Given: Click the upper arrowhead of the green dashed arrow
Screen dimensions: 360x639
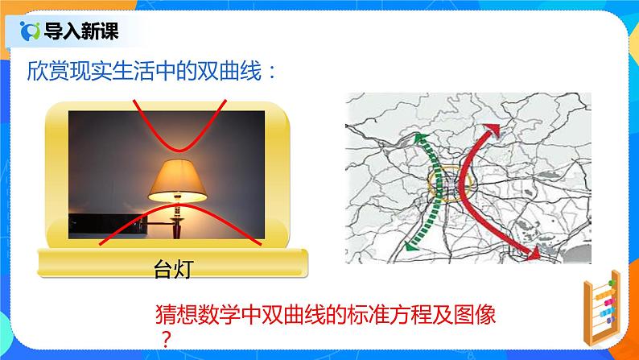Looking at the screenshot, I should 419,140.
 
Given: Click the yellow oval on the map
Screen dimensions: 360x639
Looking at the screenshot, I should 445,184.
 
